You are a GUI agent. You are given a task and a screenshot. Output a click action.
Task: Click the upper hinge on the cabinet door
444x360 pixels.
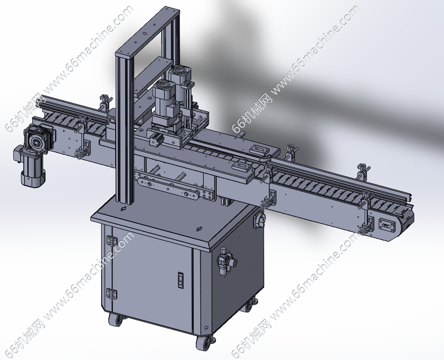[x=112, y=241]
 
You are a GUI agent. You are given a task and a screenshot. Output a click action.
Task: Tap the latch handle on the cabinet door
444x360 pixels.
[x=181, y=280]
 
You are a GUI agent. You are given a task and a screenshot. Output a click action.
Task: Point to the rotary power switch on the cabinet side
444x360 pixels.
[x=259, y=218]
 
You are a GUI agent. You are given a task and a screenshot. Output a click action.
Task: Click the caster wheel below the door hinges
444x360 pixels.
[x=116, y=320]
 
